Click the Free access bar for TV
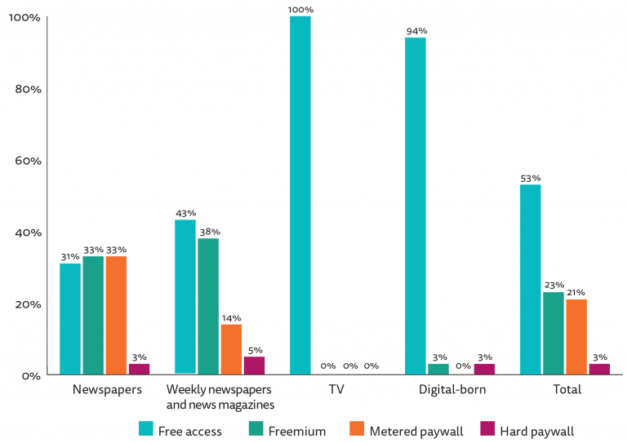pyautogui.click(x=300, y=196)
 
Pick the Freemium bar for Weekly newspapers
pyautogui.click(x=208, y=307)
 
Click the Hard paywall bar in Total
pyautogui.click(x=599, y=370)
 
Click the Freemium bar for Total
pyautogui.click(x=553, y=334)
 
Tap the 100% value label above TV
pyautogui.click(x=300, y=10)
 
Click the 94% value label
pyautogui.click(x=416, y=31)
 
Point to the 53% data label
pyautogui.click(x=531, y=178)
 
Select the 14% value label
pyautogui.click(x=231, y=318)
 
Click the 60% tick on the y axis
pyautogui.click(x=27, y=161)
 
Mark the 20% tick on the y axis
pyautogui.click(x=27, y=304)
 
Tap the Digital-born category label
pyautogui.click(x=451, y=390)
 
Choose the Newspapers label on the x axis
pyautogui.click(x=107, y=390)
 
